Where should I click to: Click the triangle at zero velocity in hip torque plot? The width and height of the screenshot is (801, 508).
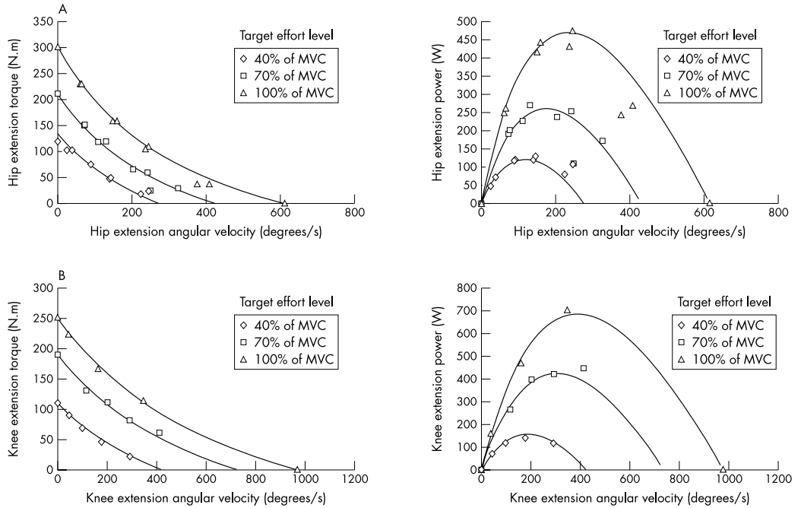57,47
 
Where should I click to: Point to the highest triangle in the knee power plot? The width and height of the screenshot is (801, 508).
567,310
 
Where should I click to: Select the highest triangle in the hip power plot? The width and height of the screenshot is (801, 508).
572,31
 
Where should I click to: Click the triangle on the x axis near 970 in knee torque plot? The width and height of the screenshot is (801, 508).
297,469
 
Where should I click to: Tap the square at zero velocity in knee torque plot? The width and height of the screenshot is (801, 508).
57,354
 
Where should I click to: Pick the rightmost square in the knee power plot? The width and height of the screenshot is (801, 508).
584,368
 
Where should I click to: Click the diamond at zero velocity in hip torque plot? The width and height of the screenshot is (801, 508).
57,141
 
